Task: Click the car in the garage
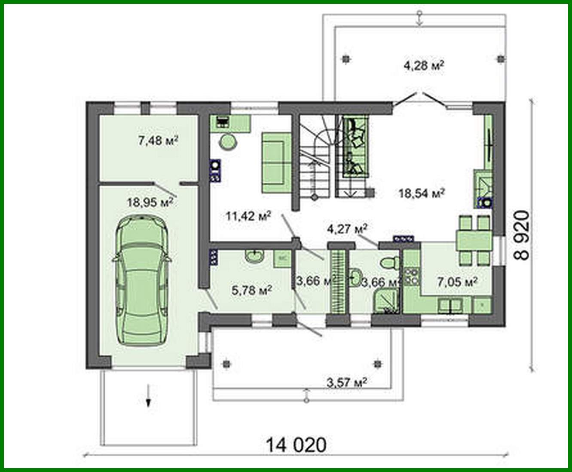pyautogui.click(x=141, y=280)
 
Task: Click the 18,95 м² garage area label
pyautogui.click(x=150, y=202)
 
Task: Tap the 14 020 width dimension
pyautogui.click(x=296, y=444)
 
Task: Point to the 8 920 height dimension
pyautogui.click(x=522, y=235)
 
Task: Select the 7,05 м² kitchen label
pyautogui.click(x=457, y=282)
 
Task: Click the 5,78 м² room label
pyautogui.click(x=251, y=291)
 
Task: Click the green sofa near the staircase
pyautogui.click(x=276, y=162)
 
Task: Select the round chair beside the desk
pyautogui.click(x=227, y=141)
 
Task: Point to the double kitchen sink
pyautogui.click(x=450, y=306)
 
